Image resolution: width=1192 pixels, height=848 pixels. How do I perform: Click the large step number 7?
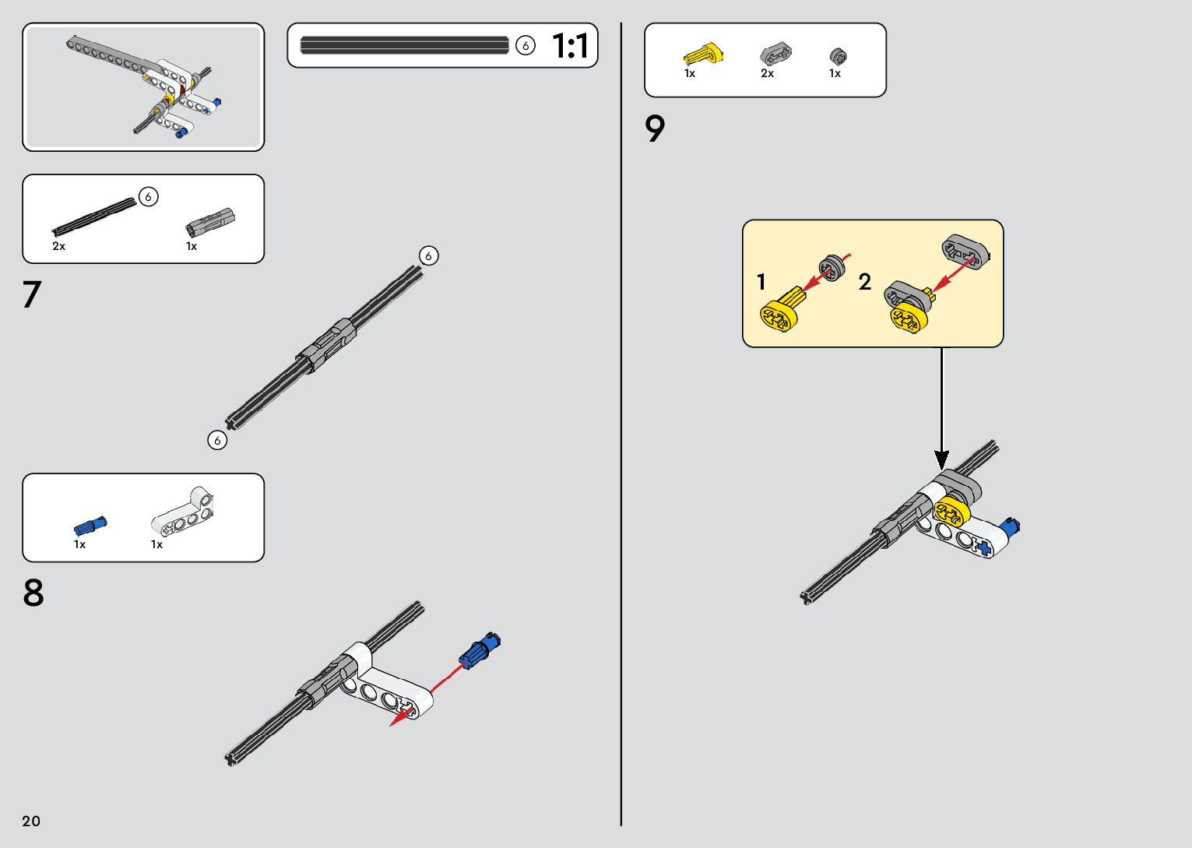[31, 295]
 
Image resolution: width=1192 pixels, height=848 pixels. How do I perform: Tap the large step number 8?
[33, 593]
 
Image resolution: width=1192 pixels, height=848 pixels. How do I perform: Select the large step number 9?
[656, 129]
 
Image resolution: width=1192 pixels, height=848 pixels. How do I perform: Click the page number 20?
[31, 821]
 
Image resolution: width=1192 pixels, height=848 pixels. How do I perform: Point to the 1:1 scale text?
[570, 46]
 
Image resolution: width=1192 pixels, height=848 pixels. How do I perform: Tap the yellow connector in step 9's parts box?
[703, 55]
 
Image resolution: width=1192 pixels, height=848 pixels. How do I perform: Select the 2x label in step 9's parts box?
[767, 74]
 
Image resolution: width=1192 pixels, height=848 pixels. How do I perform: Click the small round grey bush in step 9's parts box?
[838, 56]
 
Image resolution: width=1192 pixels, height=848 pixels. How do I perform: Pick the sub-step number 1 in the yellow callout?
[761, 282]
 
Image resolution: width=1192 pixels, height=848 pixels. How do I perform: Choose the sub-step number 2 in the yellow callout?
[864, 282]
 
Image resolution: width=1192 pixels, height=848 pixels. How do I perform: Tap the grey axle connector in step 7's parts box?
[209, 223]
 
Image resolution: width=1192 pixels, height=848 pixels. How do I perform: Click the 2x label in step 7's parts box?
[59, 246]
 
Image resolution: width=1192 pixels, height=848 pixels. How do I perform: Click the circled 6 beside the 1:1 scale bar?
[526, 46]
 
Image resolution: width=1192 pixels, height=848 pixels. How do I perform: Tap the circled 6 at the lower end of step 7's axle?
[217, 441]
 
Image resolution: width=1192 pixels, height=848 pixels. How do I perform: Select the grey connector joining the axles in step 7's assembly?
[327, 345]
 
